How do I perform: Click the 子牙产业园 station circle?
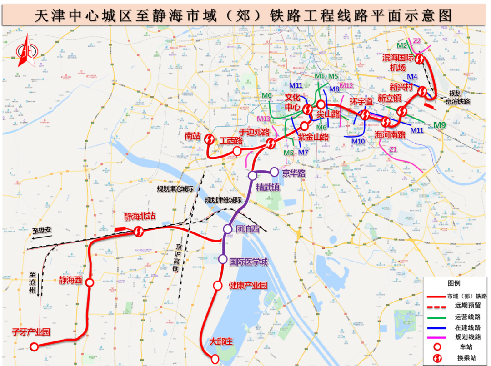(x=34, y=347)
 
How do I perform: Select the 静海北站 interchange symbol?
(x=139, y=232)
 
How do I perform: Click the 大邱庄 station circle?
(x=215, y=359)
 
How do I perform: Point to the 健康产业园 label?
(x=247, y=286)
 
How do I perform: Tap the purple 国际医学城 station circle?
(x=223, y=259)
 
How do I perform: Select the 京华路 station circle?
(x=274, y=172)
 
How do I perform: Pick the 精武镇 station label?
(x=268, y=187)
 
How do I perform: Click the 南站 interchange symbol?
(x=210, y=139)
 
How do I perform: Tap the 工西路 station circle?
(x=237, y=151)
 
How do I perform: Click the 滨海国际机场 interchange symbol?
(x=421, y=59)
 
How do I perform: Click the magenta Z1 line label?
(x=393, y=149)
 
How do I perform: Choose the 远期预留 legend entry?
(x=460, y=306)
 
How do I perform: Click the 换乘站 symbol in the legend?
(x=436, y=358)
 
